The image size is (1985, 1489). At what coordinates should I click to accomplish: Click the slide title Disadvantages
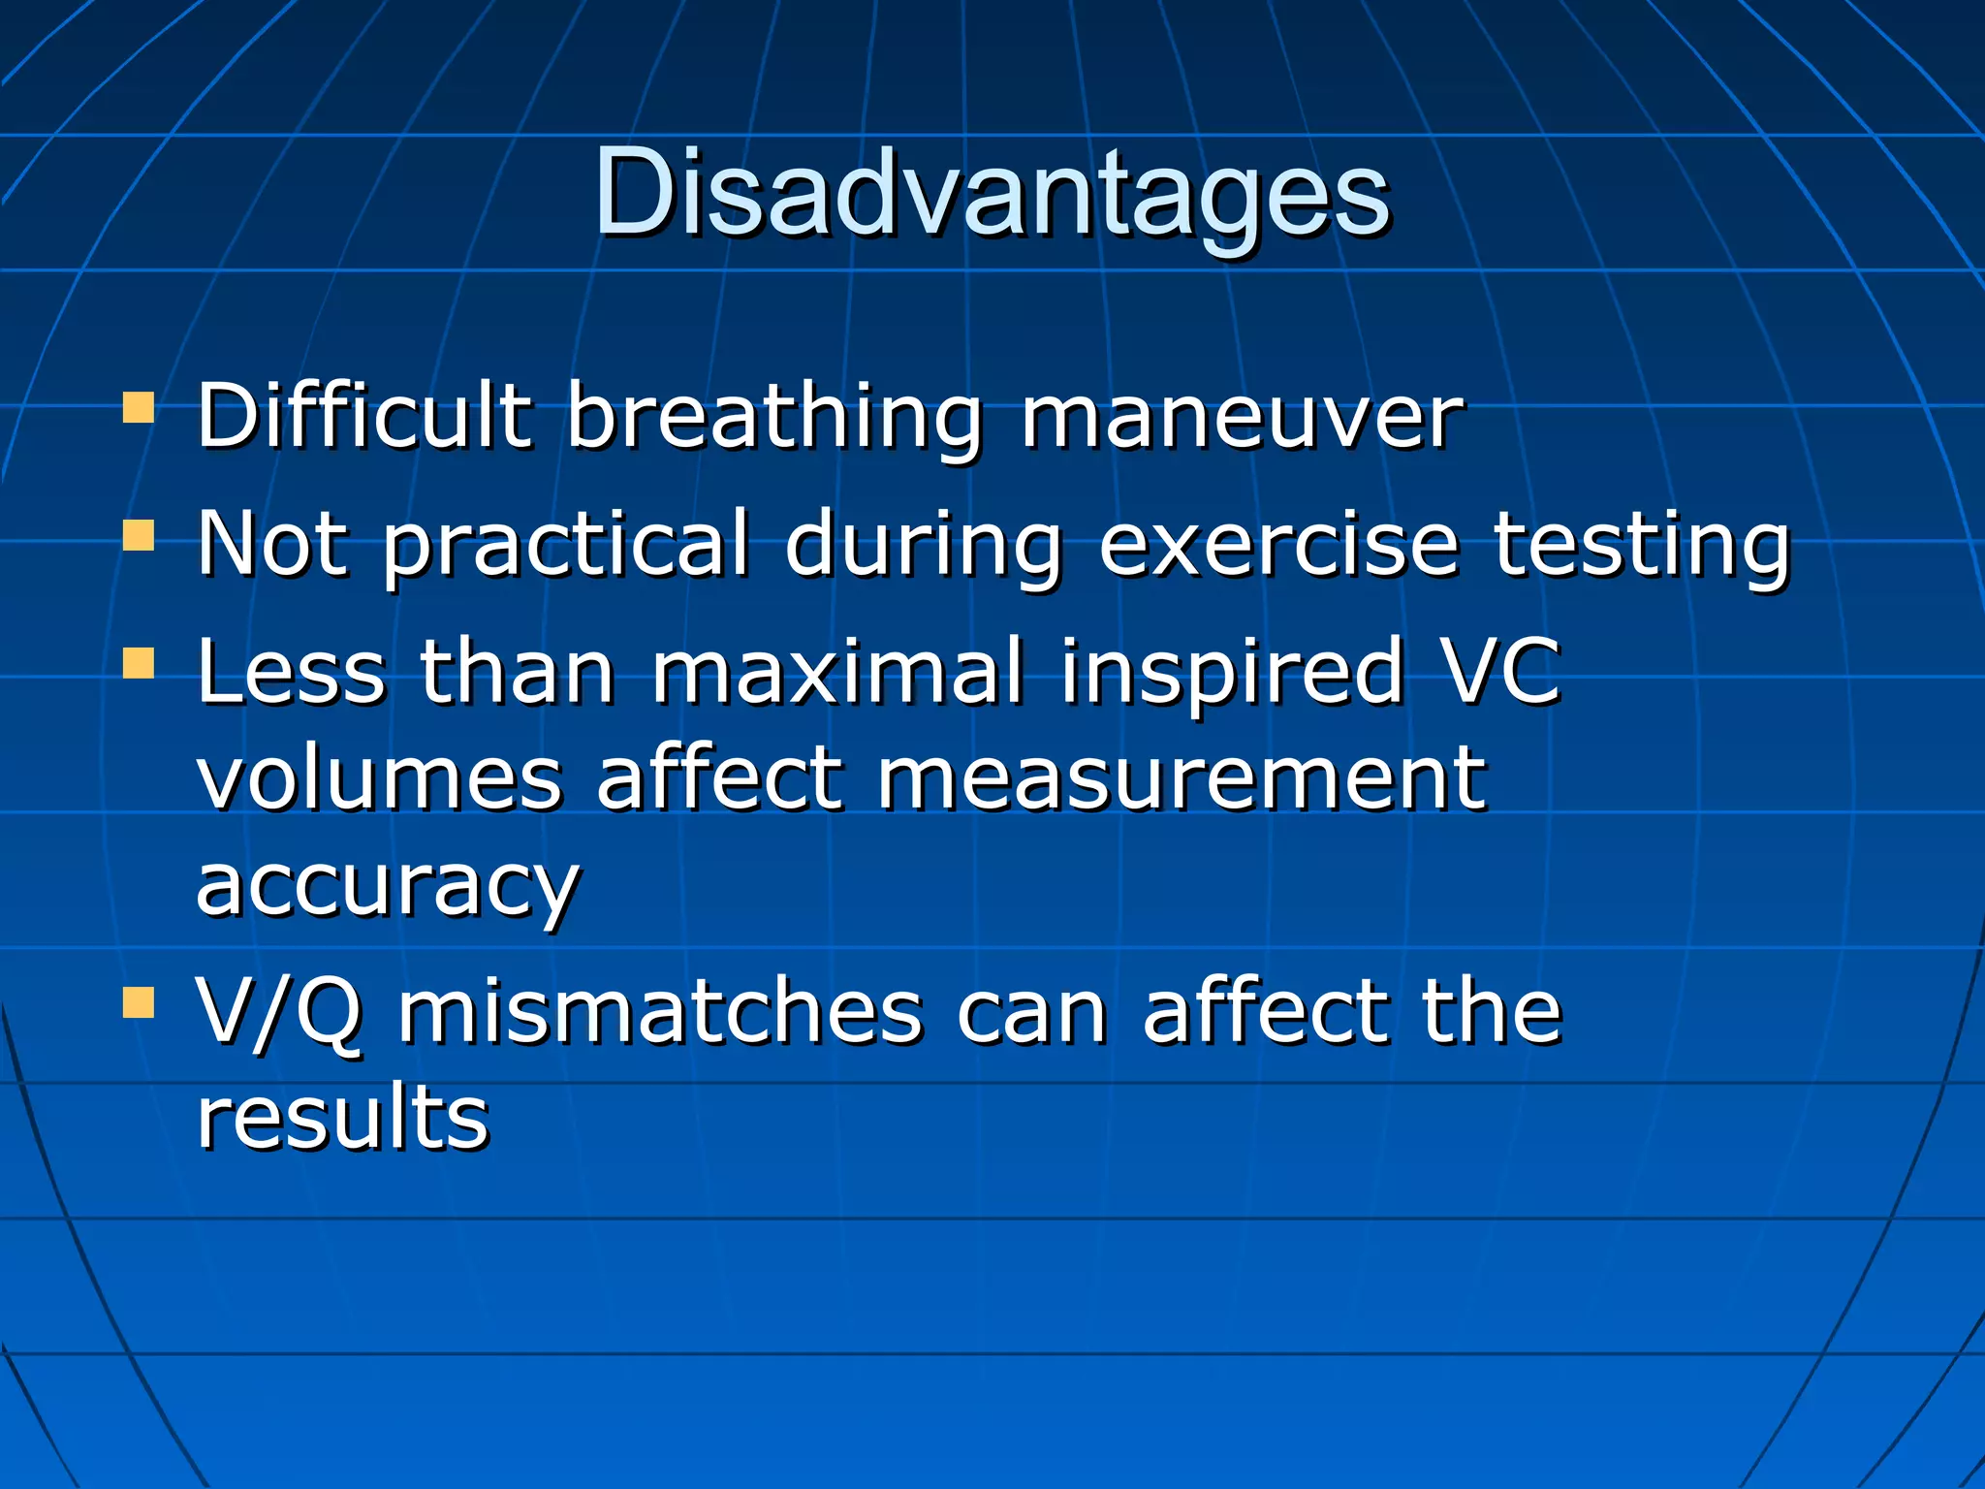click(x=992, y=194)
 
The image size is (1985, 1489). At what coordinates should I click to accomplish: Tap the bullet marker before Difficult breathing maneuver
click(x=139, y=408)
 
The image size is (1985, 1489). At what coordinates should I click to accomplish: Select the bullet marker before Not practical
click(x=139, y=535)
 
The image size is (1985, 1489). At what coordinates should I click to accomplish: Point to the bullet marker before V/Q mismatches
click(x=139, y=1003)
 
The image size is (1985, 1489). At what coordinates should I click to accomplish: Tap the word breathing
click(x=773, y=419)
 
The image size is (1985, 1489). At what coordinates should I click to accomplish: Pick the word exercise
click(x=1277, y=545)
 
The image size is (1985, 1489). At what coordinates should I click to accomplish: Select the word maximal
click(x=836, y=671)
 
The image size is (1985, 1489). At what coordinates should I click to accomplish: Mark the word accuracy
click(x=388, y=887)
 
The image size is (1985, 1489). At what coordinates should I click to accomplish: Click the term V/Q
click(x=279, y=1013)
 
